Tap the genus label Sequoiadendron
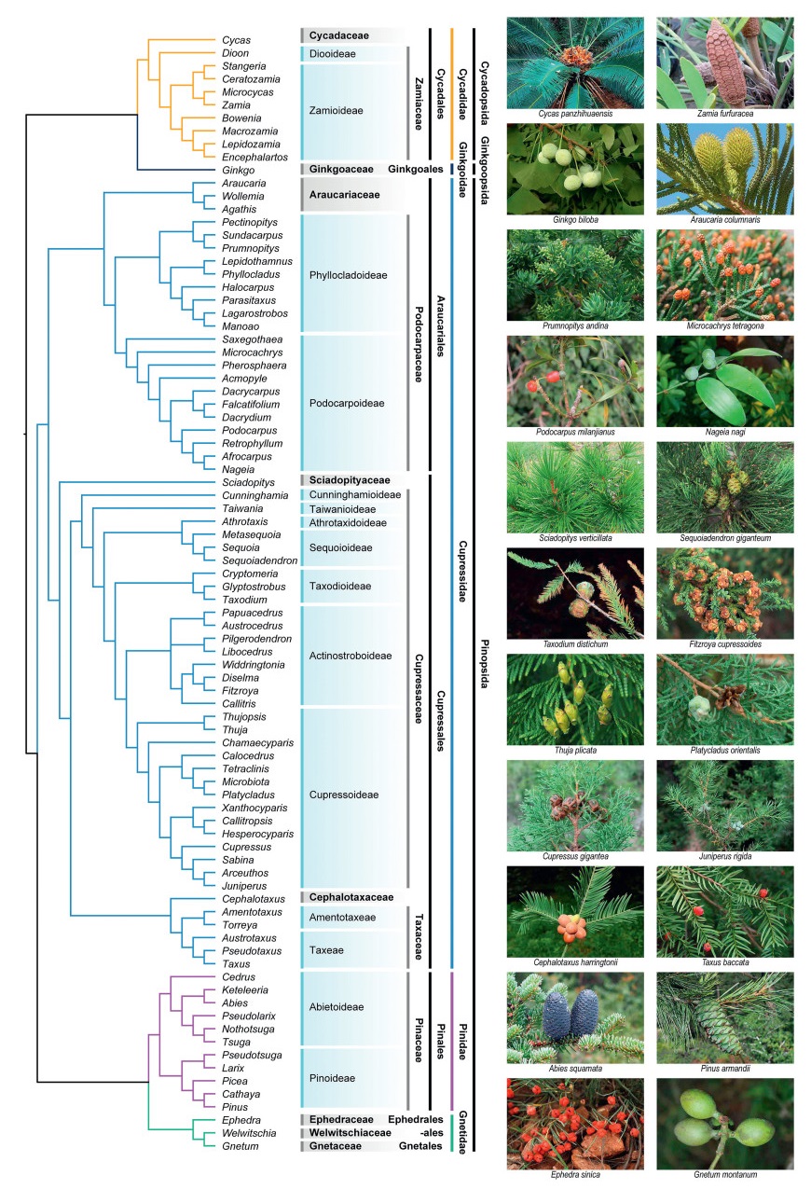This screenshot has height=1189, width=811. click(259, 560)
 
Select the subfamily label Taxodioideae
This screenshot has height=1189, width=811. click(342, 586)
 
